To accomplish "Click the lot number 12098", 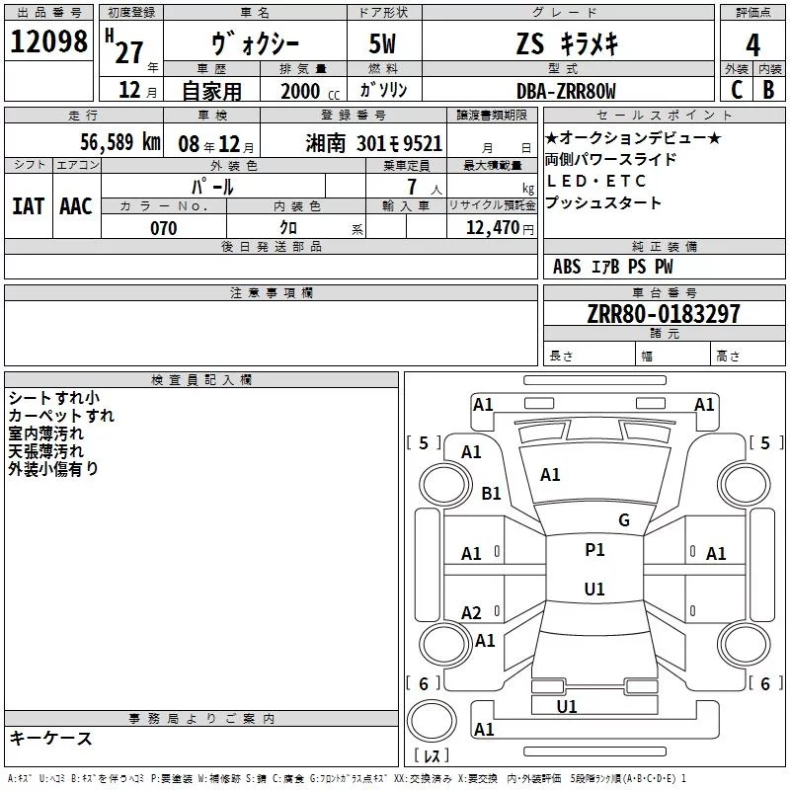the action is point(48,42).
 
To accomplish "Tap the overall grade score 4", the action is point(752,44).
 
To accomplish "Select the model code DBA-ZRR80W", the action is point(566,90).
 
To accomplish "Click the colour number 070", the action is point(163,228).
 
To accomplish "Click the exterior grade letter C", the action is point(737,89).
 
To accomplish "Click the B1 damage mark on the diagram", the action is point(491,493).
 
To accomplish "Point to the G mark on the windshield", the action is point(623,520).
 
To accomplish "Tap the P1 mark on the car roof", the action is point(594,550).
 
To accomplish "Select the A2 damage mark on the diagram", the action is point(472,613).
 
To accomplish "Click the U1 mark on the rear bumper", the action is point(567,706).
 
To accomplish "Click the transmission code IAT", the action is point(28,206).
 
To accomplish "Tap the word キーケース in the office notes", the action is point(50,738).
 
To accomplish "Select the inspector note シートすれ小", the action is point(52,398).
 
